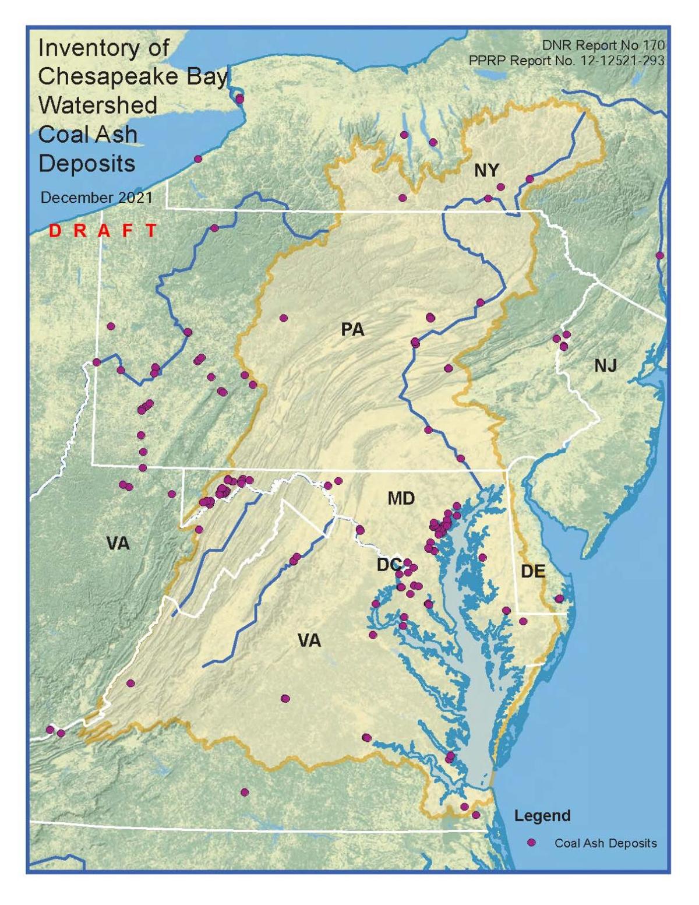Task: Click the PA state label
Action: tap(352, 330)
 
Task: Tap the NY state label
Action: tap(486, 170)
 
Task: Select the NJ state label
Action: tap(605, 365)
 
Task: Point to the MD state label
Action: tap(401, 498)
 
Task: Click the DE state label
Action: tap(532, 571)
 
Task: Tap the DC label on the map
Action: tap(389, 565)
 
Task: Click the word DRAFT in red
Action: tap(103, 231)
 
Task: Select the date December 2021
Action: tap(96, 198)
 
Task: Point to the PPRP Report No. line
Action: tap(566, 61)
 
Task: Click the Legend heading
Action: tap(542, 815)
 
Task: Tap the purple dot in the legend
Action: tap(531, 843)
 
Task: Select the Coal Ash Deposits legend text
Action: tap(605, 843)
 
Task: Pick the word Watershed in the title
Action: tap(98, 105)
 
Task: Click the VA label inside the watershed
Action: tap(309, 641)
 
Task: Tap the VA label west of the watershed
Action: tap(118, 544)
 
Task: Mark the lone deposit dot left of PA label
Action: tap(284, 318)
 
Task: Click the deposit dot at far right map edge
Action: tap(659, 255)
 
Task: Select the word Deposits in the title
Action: tap(87, 164)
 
